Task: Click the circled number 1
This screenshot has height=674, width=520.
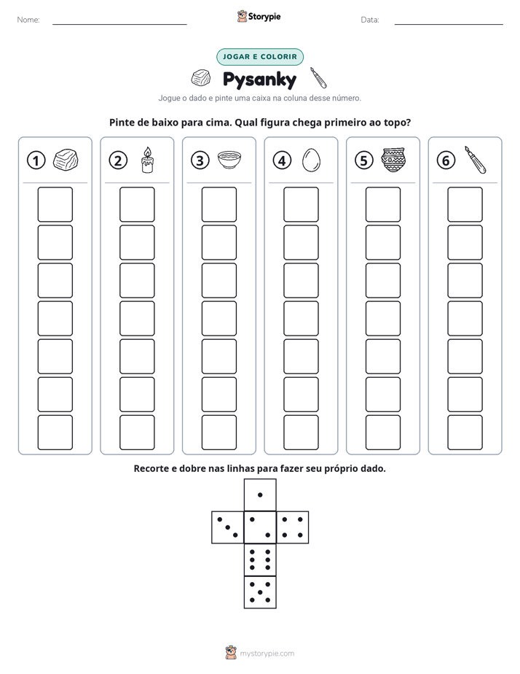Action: [x=36, y=160]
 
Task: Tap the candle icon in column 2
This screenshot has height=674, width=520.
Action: [x=147, y=160]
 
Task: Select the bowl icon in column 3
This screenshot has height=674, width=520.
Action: [x=229, y=160]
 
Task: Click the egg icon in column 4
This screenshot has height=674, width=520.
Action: [x=311, y=160]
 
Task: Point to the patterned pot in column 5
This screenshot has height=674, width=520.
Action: [x=393, y=160]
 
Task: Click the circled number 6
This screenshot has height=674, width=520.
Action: [x=446, y=160]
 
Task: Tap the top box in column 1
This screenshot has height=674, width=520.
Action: [x=55, y=204]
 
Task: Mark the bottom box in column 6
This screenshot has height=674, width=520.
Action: [x=465, y=433]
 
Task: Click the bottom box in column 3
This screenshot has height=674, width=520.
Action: [x=219, y=433]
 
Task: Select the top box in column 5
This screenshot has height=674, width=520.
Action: [x=383, y=204]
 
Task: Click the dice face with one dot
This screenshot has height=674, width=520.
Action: [x=260, y=495]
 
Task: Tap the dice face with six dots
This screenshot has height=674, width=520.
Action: [x=260, y=559]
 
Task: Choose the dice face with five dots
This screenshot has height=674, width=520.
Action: [x=260, y=592]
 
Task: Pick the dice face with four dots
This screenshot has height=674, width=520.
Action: [x=293, y=527]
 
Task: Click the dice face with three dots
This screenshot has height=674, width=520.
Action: [x=227, y=527]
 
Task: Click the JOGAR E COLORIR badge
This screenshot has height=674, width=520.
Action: [x=260, y=57]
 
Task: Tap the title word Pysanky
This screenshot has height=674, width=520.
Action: [x=259, y=80]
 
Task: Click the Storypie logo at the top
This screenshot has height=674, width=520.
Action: [x=259, y=16]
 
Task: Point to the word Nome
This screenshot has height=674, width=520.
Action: [x=28, y=20]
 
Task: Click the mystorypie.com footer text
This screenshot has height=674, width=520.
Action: [x=267, y=654]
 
